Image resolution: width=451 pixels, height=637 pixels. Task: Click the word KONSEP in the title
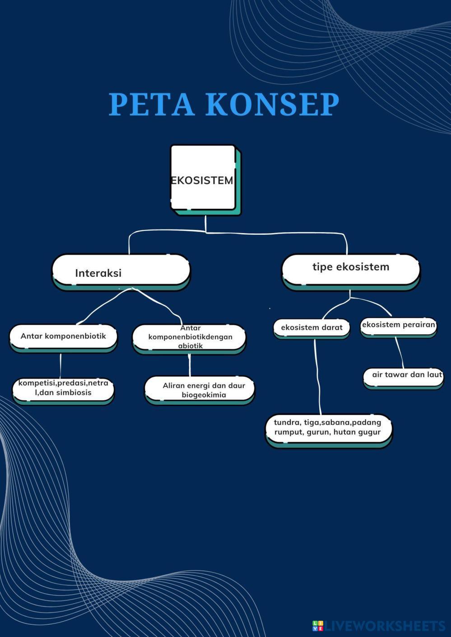(x=273, y=104)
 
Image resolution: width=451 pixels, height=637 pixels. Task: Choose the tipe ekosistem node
(x=350, y=269)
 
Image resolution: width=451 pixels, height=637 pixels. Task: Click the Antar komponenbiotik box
(x=63, y=336)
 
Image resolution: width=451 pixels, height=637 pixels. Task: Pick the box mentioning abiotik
(x=190, y=337)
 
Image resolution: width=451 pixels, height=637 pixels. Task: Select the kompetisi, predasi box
(x=63, y=388)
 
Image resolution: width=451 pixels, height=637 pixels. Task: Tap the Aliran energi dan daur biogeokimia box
(x=200, y=390)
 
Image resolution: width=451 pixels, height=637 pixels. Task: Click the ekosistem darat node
(x=312, y=328)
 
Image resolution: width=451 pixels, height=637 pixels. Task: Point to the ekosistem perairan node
(x=398, y=325)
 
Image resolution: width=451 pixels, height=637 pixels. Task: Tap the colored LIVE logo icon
(x=318, y=626)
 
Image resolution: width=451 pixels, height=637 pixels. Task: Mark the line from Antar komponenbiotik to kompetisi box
(x=60, y=365)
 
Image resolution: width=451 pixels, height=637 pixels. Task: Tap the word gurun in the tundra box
(x=318, y=432)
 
